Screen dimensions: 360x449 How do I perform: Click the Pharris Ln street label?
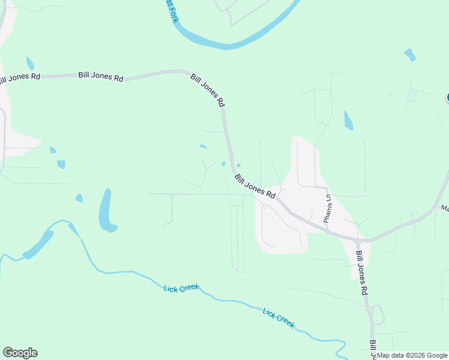(328, 208)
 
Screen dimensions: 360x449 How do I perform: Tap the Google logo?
(20, 353)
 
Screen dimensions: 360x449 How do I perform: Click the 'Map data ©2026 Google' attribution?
(412, 355)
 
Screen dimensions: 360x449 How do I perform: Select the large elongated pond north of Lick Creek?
(106, 211)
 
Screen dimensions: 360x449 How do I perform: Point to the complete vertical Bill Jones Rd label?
(361, 274)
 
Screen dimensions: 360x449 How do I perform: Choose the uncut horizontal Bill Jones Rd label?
(101, 77)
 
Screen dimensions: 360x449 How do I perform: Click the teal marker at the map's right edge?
(447, 98)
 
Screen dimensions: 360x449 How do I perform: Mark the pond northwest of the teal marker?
(410, 55)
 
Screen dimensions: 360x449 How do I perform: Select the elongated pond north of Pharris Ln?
(348, 121)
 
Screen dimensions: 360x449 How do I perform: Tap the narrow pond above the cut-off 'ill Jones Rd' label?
(29, 63)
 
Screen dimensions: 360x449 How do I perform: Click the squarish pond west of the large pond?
(61, 164)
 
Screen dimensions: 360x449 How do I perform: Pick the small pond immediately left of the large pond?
(79, 197)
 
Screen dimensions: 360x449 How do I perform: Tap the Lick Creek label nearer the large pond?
(181, 289)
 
